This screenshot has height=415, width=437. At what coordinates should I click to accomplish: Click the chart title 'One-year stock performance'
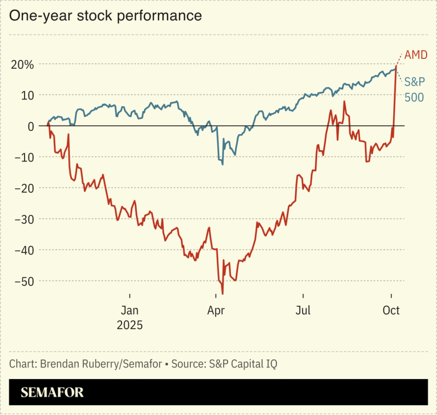(x=106, y=16)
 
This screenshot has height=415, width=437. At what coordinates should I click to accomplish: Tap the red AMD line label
(x=416, y=56)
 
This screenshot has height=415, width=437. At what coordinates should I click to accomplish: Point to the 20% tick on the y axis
(x=22, y=64)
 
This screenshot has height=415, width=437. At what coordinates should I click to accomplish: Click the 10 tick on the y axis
(x=27, y=95)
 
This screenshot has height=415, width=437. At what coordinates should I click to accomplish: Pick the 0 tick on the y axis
(x=31, y=126)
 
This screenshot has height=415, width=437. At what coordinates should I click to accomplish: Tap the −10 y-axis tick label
(x=24, y=157)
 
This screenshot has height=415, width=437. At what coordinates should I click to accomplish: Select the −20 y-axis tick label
(x=24, y=188)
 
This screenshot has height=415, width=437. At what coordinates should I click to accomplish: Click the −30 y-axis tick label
(x=24, y=219)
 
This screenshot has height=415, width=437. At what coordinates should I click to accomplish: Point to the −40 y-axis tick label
(x=24, y=250)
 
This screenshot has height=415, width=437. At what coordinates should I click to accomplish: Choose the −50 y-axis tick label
(x=24, y=281)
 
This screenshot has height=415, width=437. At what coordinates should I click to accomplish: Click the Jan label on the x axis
(x=130, y=311)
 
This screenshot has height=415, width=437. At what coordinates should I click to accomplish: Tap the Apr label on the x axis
(x=217, y=311)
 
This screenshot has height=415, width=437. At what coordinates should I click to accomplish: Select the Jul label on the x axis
(x=303, y=311)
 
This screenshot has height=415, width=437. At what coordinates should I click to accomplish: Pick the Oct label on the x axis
(x=391, y=311)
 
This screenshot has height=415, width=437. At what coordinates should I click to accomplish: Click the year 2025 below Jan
(x=130, y=325)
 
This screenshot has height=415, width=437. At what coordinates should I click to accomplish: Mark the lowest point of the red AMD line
(x=223, y=294)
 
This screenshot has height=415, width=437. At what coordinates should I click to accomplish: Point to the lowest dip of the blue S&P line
(x=223, y=164)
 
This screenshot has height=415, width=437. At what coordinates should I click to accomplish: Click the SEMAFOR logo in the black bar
(x=53, y=393)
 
